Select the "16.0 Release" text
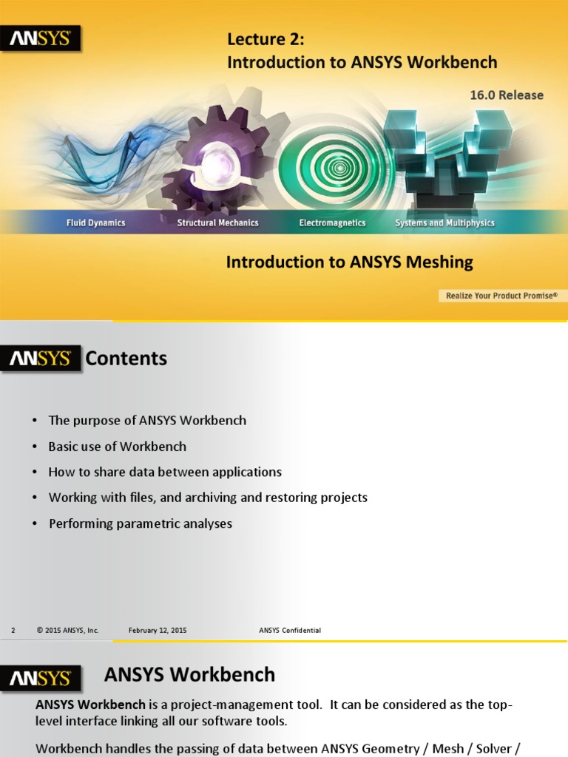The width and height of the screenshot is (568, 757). (x=507, y=95)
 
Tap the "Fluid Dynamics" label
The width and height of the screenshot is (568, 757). (x=96, y=223)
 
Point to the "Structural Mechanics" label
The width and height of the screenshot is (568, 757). (x=217, y=223)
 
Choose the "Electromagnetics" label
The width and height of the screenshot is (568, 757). (x=332, y=223)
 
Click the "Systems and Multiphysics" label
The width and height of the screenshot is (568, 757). (x=444, y=223)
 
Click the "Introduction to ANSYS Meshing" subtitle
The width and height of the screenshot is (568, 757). (x=349, y=262)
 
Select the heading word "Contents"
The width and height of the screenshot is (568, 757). (x=126, y=359)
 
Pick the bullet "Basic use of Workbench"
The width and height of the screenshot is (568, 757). (x=117, y=447)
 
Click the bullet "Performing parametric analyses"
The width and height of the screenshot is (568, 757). (x=140, y=523)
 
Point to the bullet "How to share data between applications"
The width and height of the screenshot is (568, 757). (x=165, y=472)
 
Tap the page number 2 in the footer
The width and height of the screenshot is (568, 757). (x=13, y=631)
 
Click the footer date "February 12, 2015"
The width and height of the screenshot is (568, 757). (x=158, y=631)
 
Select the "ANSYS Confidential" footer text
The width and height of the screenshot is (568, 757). (x=290, y=631)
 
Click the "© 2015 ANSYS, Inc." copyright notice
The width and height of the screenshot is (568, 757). (x=67, y=631)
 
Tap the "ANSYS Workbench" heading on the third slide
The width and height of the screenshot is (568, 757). (x=189, y=674)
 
